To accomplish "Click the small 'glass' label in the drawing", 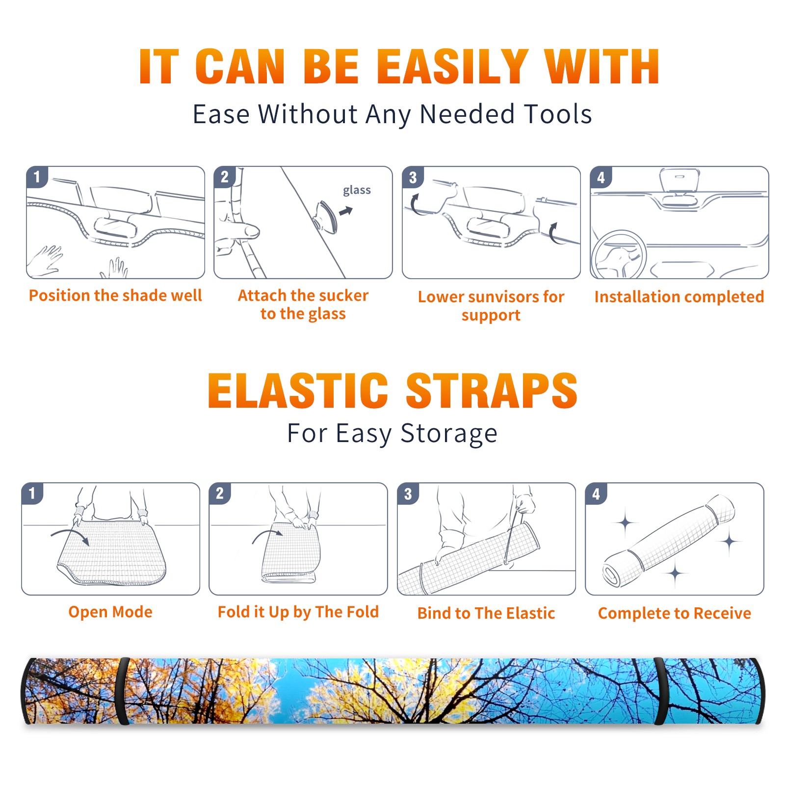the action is click(357, 190).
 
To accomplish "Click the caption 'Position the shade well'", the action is click(115, 295).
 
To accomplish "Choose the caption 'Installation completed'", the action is click(679, 296).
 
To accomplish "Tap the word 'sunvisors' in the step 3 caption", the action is click(496, 296).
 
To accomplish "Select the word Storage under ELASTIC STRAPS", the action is click(449, 434).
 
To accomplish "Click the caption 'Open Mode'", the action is click(110, 612).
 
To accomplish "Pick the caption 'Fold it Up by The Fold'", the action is click(298, 612).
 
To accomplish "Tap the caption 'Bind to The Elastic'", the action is click(486, 613).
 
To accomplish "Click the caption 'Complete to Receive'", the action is click(675, 613).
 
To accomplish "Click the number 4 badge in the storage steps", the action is click(596, 494).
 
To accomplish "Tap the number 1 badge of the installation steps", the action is click(37, 177).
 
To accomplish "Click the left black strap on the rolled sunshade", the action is click(123, 691).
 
